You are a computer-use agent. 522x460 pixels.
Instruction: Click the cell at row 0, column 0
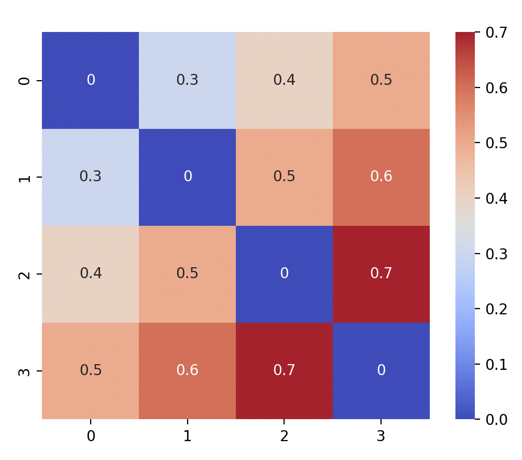click(x=91, y=80)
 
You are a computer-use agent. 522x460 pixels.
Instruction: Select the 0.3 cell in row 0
click(x=187, y=80)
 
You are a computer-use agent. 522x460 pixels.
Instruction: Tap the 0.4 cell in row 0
click(x=284, y=80)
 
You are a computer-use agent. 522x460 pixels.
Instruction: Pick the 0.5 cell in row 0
click(x=381, y=80)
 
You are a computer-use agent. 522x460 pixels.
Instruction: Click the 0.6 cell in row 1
click(x=381, y=177)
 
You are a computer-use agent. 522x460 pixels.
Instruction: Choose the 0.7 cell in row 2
click(x=381, y=273)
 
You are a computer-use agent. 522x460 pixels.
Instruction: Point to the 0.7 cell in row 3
click(x=284, y=370)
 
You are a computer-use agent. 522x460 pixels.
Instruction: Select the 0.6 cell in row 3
click(x=187, y=370)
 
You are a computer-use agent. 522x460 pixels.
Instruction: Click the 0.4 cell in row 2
click(x=91, y=273)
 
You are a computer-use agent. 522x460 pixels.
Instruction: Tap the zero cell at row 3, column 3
click(x=381, y=370)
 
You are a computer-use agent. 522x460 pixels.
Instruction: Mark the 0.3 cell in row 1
click(x=91, y=177)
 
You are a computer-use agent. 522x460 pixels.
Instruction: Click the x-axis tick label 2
click(x=284, y=436)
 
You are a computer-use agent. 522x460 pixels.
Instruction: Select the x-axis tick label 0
click(x=91, y=436)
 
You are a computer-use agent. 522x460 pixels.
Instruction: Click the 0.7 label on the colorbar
click(x=496, y=32)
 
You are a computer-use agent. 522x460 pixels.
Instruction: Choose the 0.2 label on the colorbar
click(x=496, y=309)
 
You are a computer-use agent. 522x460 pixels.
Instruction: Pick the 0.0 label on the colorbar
click(x=496, y=419)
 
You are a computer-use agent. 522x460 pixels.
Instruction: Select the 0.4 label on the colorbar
click(x=496, y=198)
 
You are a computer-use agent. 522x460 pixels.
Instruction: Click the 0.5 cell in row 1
click(x=284, y=177)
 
